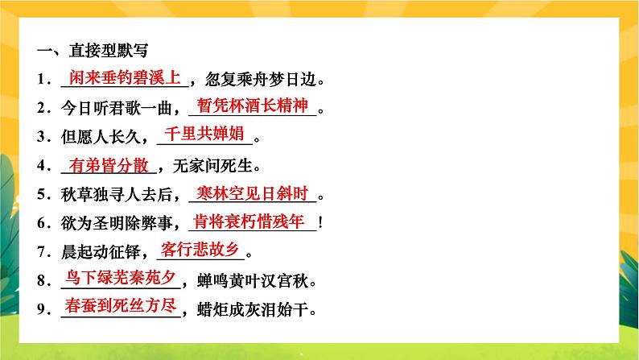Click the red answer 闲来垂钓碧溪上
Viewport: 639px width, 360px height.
[x=124, y=78]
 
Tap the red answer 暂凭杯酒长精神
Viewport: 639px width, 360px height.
[x=254, y=106]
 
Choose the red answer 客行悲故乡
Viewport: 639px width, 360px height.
[x=200, y=249]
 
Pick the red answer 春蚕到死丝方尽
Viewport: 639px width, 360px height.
[x=122, y=306]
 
